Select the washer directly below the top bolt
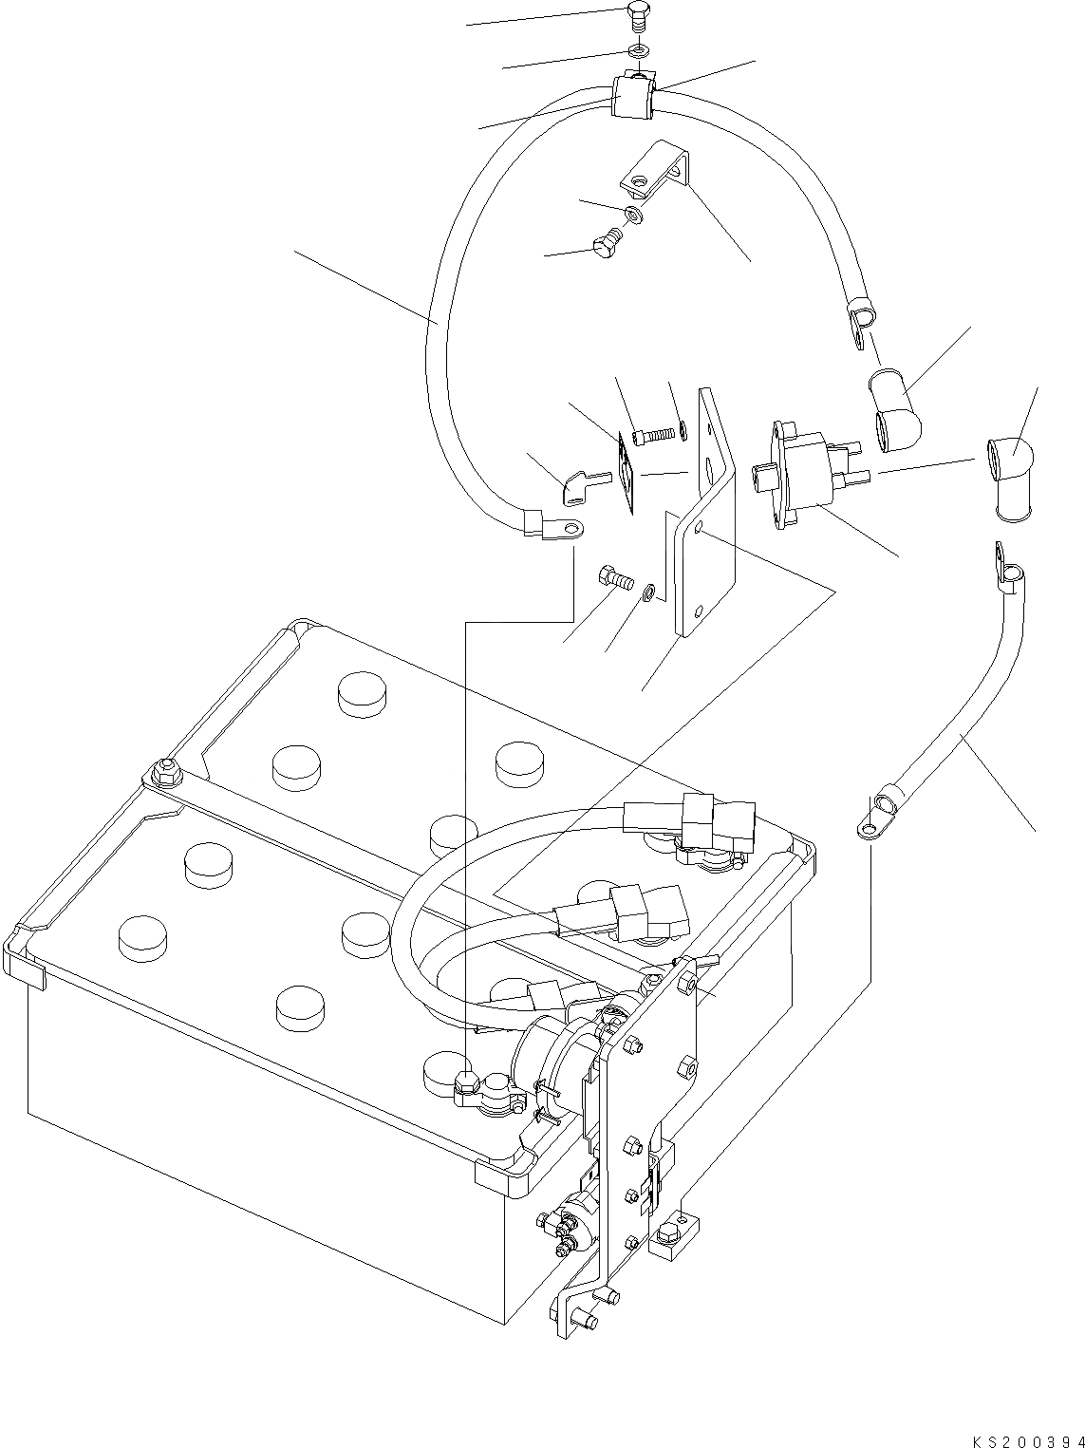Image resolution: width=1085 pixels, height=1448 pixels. point(638,48)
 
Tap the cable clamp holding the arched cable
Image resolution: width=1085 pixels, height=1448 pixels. point(631,97)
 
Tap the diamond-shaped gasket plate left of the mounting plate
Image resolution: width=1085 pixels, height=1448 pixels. point(626,472)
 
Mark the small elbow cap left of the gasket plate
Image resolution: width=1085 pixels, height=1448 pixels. point(574,488)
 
